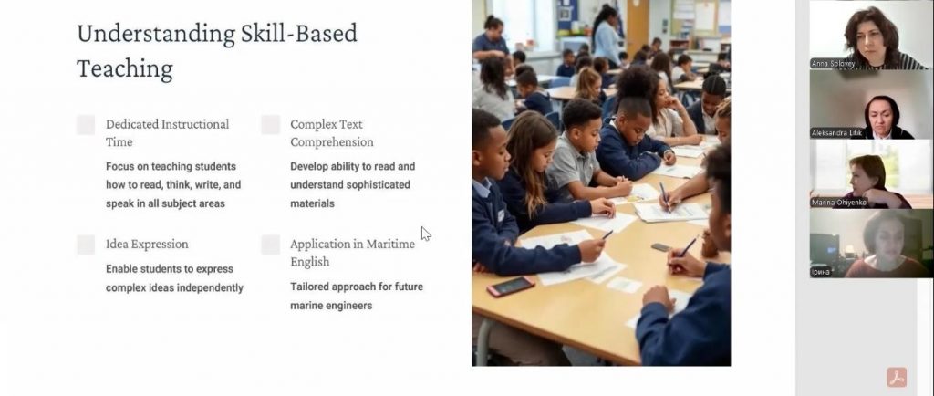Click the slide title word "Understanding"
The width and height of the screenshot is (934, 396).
tap(156, 34)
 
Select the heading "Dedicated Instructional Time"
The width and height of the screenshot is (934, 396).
tap(168, 133)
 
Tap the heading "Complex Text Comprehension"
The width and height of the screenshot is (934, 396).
tap(332, 133)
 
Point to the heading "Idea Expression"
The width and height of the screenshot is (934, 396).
tap(147, 245)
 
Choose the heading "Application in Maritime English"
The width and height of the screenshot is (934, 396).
tap(353, 253)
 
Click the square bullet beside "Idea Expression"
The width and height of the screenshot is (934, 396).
tap(86, 245)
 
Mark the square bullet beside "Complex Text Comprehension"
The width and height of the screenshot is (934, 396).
tap(270, 124)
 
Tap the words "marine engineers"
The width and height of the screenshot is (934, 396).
tap(331, 306)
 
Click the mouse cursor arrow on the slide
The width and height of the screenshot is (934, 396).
tap(425, 234)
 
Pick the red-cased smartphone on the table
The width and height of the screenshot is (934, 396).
tap(511, 287)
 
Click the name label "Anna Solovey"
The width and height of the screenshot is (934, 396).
tap(833, 64)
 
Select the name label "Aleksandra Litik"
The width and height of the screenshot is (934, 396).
tap(836, 133)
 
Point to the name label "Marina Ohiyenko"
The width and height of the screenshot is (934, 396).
tap(839, 203)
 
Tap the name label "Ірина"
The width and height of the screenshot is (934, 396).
tap(820, 272)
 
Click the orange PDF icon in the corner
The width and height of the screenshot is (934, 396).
tap(897, 377)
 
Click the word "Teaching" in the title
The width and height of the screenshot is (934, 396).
tap(124, 69)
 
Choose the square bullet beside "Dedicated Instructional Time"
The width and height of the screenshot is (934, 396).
tap(86, 124)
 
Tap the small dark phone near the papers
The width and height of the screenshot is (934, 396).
tap(661, 247)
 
